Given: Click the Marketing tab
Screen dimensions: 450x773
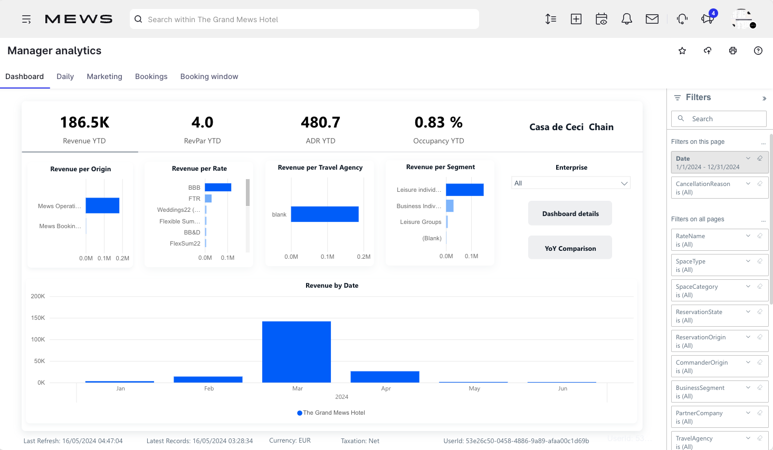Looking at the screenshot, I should click(104, 76).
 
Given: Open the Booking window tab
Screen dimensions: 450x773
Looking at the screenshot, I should click(209, 76).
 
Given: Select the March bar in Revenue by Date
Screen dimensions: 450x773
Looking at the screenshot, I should click(296, 351).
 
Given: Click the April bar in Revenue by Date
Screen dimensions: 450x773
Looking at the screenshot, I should click(385, 377).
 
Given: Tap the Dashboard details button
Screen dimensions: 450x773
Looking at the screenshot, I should click(570, 213).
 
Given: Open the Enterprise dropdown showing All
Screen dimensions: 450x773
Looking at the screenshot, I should click(570, 183).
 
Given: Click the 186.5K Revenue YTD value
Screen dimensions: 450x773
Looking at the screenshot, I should click(84, 123).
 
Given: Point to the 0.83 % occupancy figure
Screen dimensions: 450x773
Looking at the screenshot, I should click(438, 123).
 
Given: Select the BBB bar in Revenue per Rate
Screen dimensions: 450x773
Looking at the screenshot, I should click(218, 188).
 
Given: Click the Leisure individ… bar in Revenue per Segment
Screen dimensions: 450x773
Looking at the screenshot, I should click(464, 190).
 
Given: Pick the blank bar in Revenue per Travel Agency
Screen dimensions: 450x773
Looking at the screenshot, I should click(325, 214).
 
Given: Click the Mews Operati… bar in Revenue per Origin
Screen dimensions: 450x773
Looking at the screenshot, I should click(102, 206).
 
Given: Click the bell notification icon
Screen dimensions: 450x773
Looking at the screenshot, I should click(626, 19).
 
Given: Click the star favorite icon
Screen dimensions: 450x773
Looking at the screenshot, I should click(682, 51).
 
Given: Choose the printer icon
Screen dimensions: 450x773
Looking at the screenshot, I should click(733, 51).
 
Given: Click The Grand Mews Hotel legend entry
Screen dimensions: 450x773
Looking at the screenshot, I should click(331, 413).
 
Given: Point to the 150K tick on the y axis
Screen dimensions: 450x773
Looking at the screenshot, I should click(38, 318).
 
